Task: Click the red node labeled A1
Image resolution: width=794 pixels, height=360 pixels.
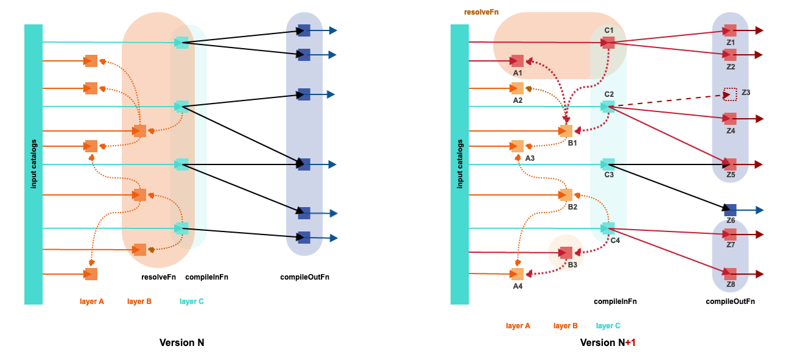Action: coord(518,61)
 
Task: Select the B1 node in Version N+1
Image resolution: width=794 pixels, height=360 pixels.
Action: coord(566,131)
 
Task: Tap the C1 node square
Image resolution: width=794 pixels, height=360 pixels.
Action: coord(608,43)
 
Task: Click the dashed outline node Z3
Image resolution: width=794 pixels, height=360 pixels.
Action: coord(730,94)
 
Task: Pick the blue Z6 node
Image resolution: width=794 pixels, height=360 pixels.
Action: coord(730,210)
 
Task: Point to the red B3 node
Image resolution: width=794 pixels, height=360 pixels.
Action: coord(566,253)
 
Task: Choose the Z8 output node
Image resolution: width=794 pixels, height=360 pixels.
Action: coord(730,274)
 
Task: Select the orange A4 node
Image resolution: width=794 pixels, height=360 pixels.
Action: coord(518,274)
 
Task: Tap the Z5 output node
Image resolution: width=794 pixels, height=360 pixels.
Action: coord(730,164)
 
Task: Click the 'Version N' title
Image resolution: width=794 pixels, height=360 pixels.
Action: coord(181,342)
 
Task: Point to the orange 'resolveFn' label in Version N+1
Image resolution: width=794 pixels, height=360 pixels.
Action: coord(481,12)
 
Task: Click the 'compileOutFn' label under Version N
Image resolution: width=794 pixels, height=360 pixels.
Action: coord(304,277)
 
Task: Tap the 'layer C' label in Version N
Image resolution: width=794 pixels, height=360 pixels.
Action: coord(192,301)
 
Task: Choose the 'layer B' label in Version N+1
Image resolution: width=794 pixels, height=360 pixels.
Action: coord(566,326)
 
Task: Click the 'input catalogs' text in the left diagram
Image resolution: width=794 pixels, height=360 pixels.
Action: coord(33,164)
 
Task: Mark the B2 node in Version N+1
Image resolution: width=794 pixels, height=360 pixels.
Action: coord(566,195)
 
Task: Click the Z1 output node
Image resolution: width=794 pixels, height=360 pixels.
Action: coord(730,30)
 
